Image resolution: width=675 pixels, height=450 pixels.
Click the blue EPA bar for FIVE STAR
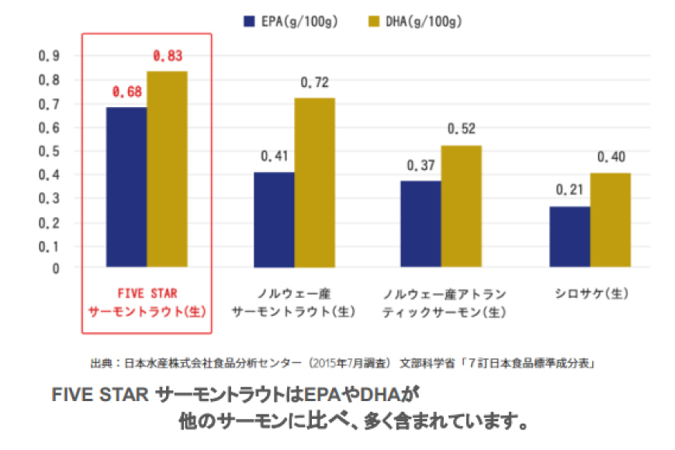[126, 187]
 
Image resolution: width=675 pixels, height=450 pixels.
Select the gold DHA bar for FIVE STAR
[167, 169]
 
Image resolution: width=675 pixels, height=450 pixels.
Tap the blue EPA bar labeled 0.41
[274, 220]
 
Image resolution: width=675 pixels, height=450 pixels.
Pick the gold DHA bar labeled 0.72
[314, 182]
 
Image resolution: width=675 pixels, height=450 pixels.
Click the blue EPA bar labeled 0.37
[421, 224]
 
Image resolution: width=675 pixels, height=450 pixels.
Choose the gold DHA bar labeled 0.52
[461, 206]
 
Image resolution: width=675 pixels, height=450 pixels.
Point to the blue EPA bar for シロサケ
[569, 237]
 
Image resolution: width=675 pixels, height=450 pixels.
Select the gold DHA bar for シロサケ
[610, 220]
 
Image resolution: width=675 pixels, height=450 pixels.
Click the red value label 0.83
[168, 56]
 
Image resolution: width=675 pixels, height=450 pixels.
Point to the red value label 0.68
[126, 92]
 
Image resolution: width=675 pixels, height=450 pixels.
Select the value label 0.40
[611, 157]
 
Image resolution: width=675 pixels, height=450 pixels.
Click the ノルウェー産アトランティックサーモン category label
[445, 303]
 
